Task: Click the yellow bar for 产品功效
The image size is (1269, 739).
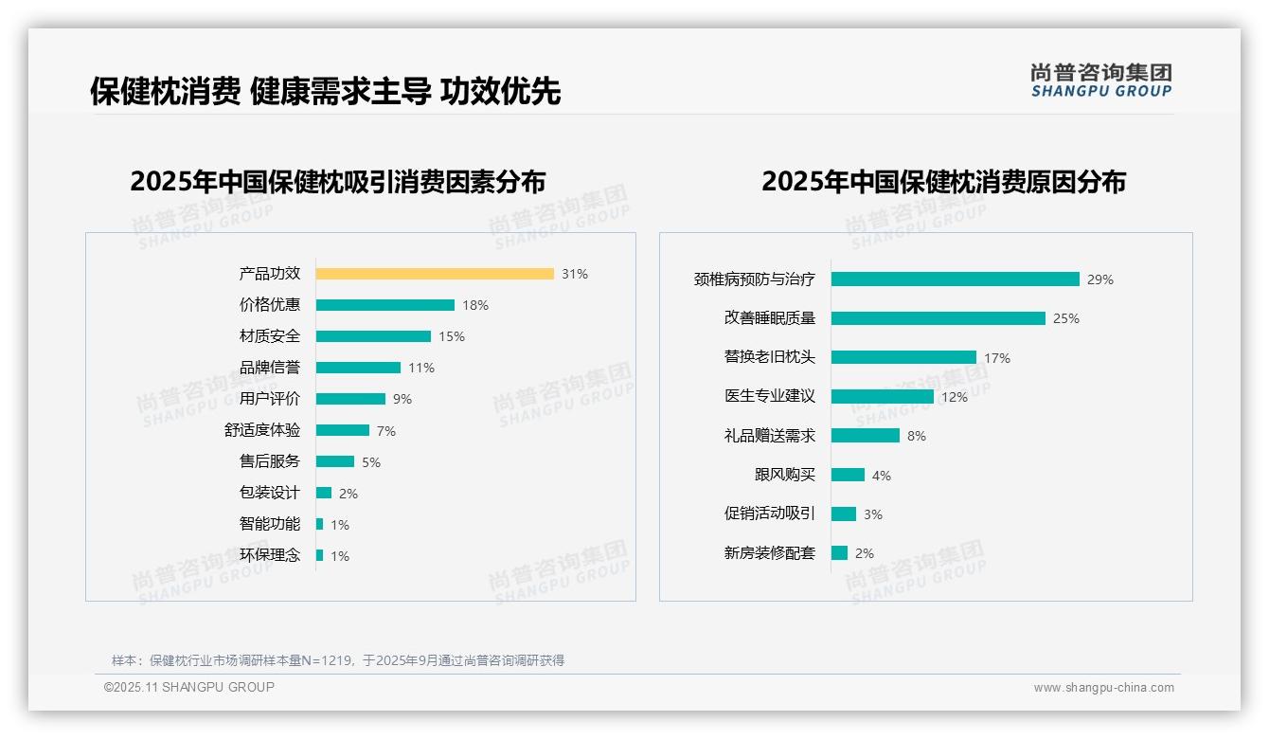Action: (x=435, y=274)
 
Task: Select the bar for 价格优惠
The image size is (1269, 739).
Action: (x=384, y=305)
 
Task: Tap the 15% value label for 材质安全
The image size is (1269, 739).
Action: (x=452, y=336)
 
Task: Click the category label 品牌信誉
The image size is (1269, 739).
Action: (x=270, y=368)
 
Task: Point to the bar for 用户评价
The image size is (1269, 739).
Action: (x=350, y=399)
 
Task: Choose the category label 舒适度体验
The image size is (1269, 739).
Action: (x=262, y=430)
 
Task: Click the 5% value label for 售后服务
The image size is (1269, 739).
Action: (x=371, y=462)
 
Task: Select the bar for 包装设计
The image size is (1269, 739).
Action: (x=324, y=493)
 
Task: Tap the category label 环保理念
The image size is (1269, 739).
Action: (x=270, y=555)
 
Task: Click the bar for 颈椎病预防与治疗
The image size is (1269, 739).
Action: (x=955, y=279)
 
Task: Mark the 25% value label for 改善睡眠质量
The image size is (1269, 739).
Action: (x=1066, y=318)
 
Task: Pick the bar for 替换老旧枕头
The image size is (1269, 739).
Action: (x=903, y=357)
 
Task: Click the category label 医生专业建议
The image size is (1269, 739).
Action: (x=770, y=396)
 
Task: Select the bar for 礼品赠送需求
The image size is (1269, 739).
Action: (x=865, y=436)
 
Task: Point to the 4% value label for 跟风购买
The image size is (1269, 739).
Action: (x=882, y=476)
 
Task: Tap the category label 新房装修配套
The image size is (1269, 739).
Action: (x=770, y=553)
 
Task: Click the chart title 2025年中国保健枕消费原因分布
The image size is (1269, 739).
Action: (x=943, y=182)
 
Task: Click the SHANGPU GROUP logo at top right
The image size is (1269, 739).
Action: (x=1100, y=81)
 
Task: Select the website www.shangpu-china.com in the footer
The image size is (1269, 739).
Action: (x=1103, y=688)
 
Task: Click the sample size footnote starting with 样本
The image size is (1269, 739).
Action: (x=338, y=660)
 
